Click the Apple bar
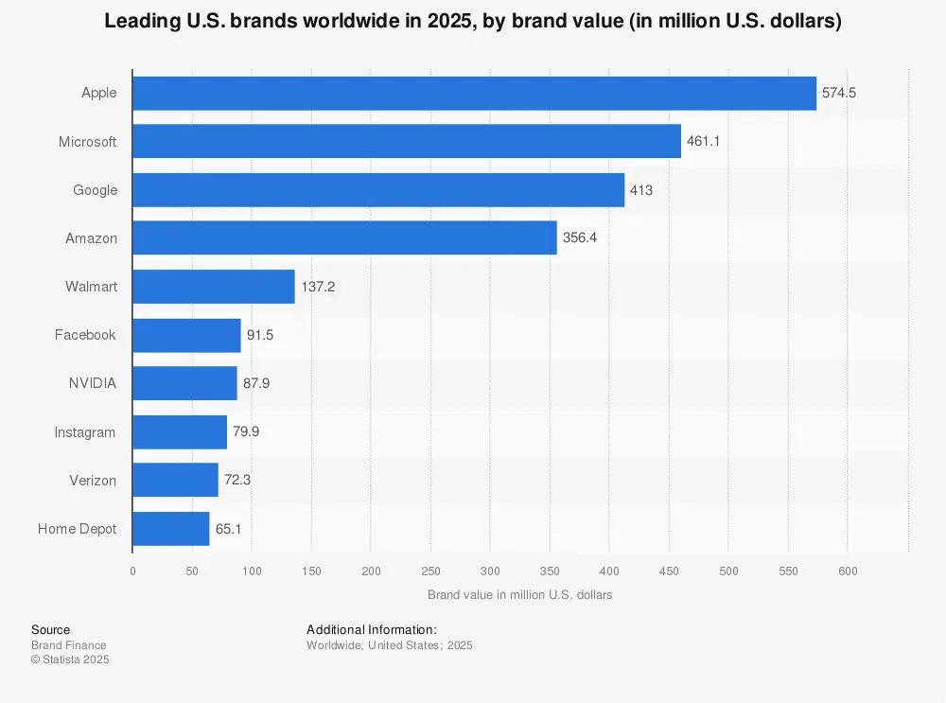[x=474, y=93]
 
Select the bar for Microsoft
[x=407, y=142]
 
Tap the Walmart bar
[x=214, y=287]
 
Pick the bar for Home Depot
[x=171, y=529]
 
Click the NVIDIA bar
[x=184, y=383]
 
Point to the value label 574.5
[x=839, y=93]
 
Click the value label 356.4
[x=580, y=238]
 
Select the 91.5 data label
[x=260, y=335]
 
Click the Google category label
[x=96, y=190]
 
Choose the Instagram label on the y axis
[x=85, y=432]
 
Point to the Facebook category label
[x=85, y=335]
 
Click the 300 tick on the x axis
[x=490, y=571]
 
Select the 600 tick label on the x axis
[x=848, y=571]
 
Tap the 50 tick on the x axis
[x=192, y=571]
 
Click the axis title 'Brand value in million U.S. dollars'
[x=519, y=595]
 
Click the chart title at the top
[x=473, y=22]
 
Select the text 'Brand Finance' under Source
[x=69, y=645]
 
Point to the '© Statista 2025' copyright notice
[x=70, y=659]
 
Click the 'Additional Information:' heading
[x=371, y=629]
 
